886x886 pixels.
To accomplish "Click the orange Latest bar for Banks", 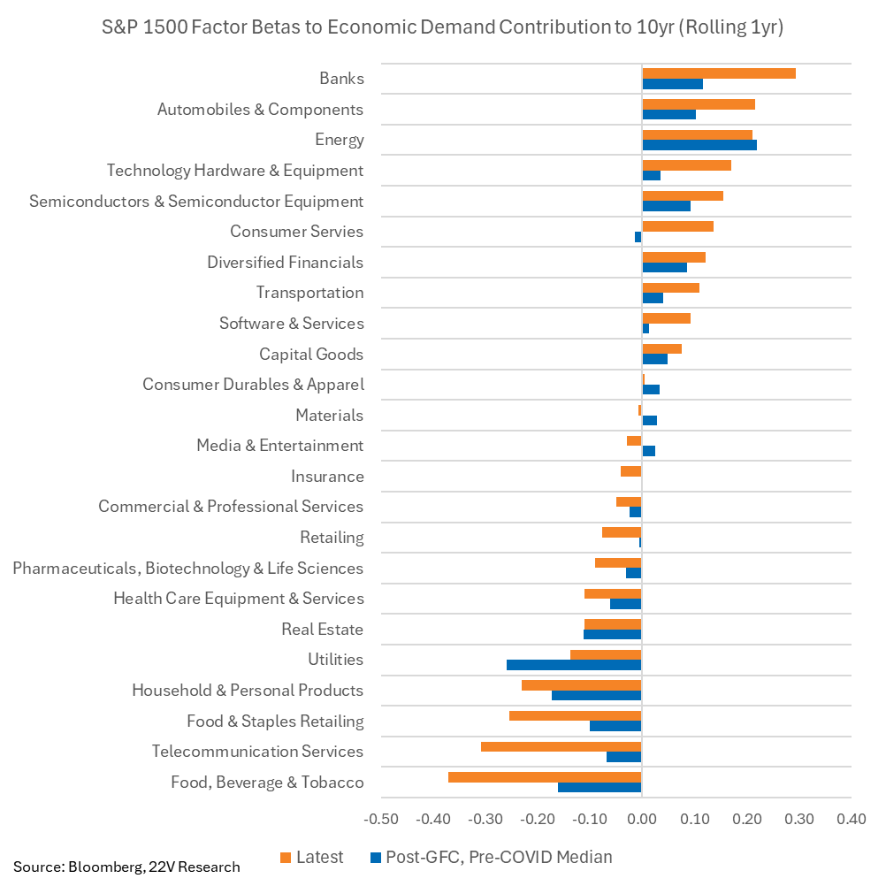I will [x=718, y=73].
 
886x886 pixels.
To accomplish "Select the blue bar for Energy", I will [x=699, y=145].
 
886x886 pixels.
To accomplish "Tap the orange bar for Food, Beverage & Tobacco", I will [x=545, y=776].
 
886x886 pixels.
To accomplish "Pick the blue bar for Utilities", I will [x=574, y=665].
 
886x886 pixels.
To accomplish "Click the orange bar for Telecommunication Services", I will [x=561, y=746].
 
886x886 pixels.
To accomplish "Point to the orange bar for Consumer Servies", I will [x=677, y=226].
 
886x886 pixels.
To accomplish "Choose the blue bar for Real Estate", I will [x=612, y=634].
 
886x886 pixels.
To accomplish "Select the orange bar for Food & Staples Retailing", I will [x=575, y=715].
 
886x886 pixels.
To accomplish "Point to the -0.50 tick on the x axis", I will [x=381, y=819].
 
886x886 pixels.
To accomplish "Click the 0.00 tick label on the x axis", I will [x=641, y=819].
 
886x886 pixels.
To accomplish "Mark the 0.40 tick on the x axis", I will [x=850, y=819].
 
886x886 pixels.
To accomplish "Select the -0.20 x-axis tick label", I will [x=538, y=819].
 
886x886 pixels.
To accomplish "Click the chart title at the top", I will [x=443, y=27].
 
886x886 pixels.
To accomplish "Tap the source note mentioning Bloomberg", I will [x=126, y=867].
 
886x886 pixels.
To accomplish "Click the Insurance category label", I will [x=327, y=477].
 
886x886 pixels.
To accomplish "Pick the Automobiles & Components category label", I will [x=260, y=110].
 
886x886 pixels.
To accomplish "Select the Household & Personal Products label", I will [x=248, y=691].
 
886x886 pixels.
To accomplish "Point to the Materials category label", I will [x=329, y=416].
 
